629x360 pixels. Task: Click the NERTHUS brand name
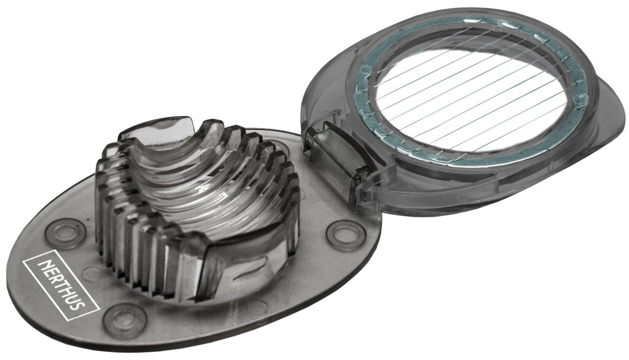tap(62, 285)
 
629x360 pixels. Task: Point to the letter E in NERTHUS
tap(51, 274)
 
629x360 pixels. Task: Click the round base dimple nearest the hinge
tap(346, 235)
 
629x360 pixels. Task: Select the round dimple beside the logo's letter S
tap(124, 320)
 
